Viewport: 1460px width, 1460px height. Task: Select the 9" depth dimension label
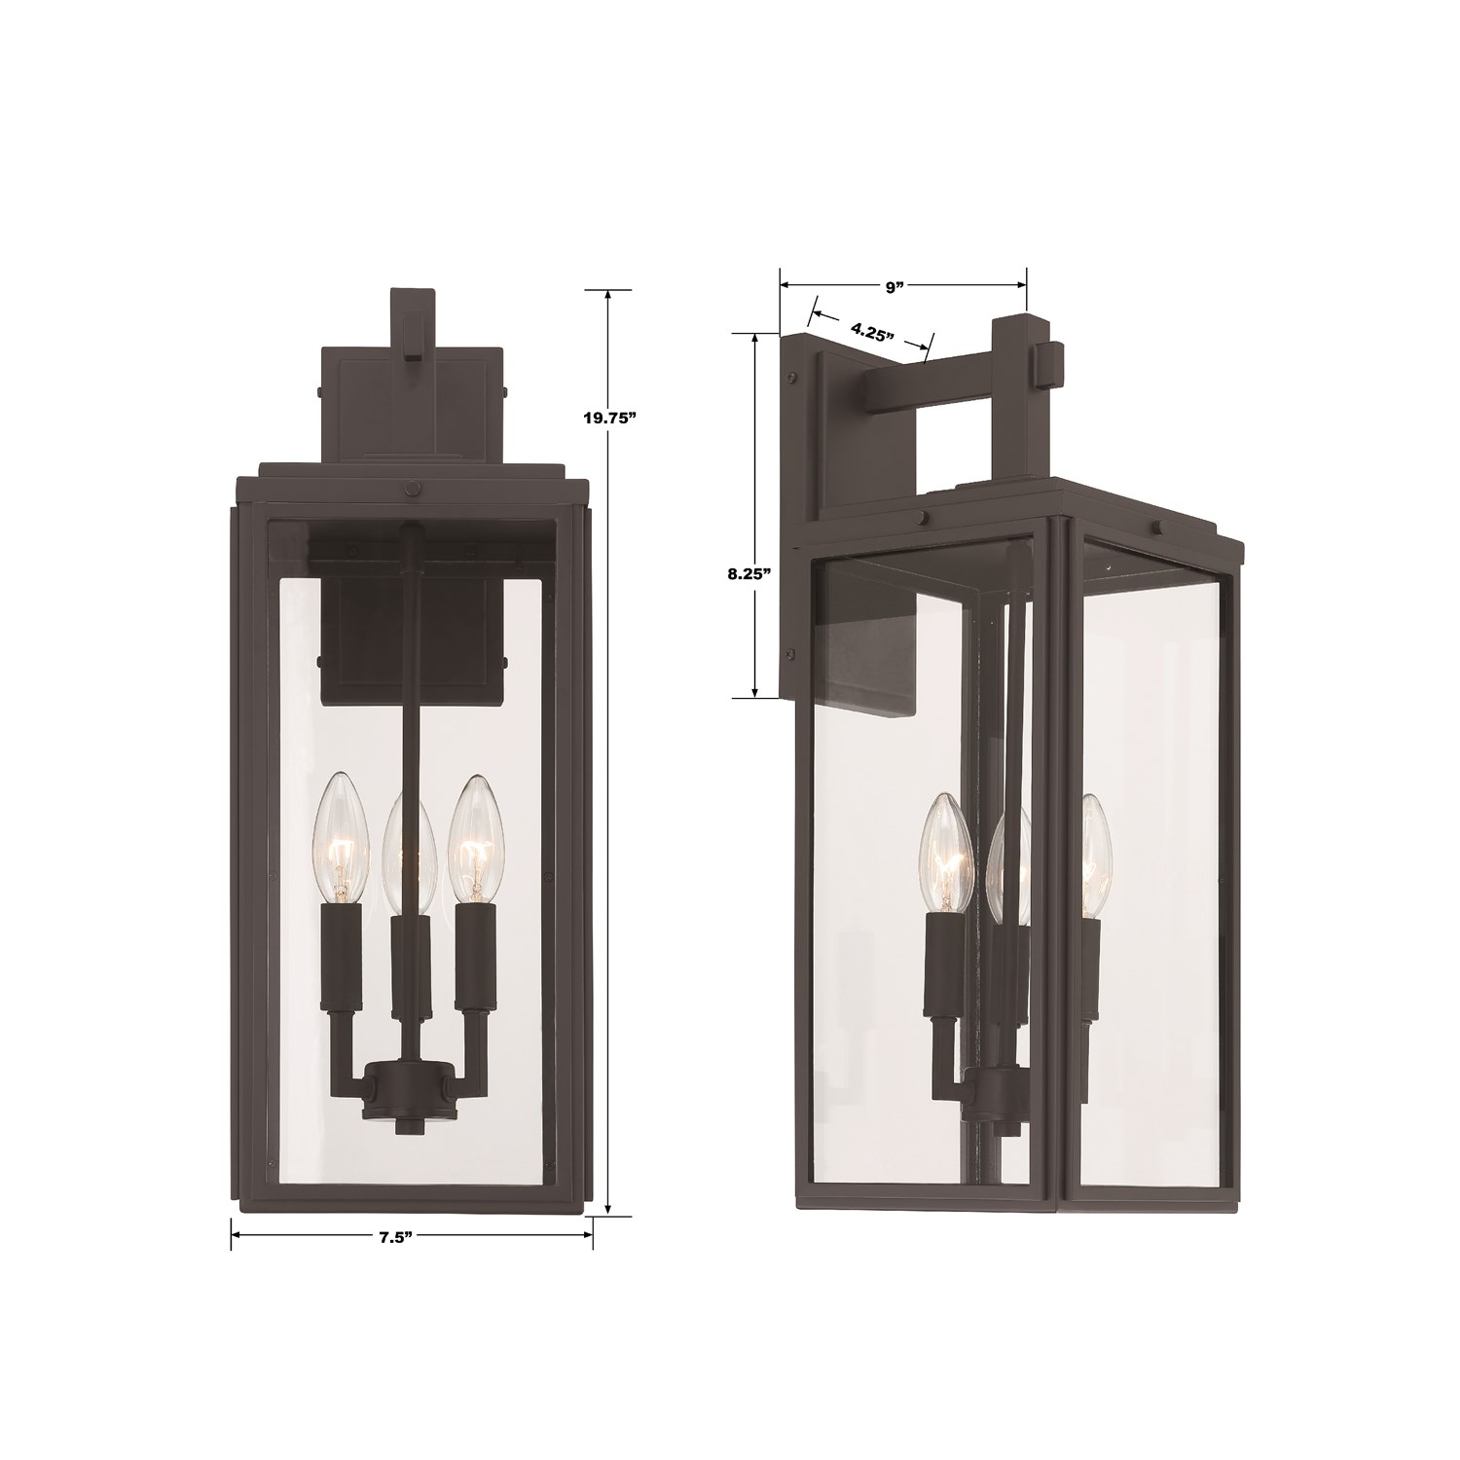[x=894, y=286]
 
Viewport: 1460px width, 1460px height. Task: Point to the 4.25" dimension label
[x=872, y=330]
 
